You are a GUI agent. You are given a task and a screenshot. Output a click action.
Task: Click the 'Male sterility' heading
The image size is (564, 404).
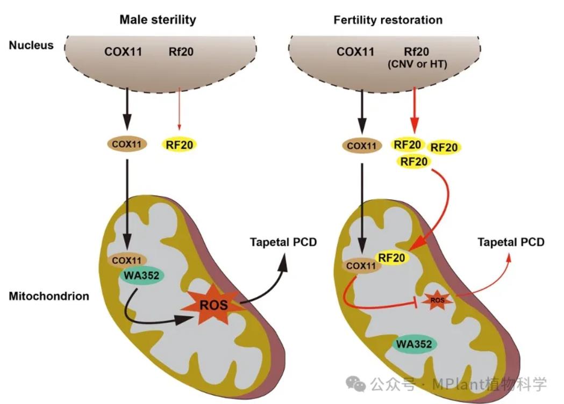click(158, 20)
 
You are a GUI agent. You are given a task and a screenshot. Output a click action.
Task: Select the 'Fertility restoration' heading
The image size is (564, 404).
click(388, 20)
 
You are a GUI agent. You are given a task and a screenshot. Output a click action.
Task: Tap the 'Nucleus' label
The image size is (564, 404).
click(31, 45)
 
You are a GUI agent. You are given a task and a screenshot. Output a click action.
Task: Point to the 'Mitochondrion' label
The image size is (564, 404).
click(49, 296)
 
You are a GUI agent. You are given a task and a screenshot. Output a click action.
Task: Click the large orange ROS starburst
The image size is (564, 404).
click(210, 306)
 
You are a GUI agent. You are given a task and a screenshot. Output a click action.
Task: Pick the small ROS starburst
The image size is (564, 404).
click(437, 300)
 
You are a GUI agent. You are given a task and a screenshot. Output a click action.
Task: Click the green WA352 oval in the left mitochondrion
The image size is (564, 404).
click(144, 276)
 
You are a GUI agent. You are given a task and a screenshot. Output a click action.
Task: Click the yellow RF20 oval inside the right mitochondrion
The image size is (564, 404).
click(391, 258)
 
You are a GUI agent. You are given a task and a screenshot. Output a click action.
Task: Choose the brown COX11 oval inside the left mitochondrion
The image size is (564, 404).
click(128, 260)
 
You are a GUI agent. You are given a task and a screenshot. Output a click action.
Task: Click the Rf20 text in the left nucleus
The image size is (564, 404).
click(180, 52)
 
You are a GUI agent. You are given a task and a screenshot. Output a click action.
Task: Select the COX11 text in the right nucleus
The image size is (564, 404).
click(355, 52)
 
